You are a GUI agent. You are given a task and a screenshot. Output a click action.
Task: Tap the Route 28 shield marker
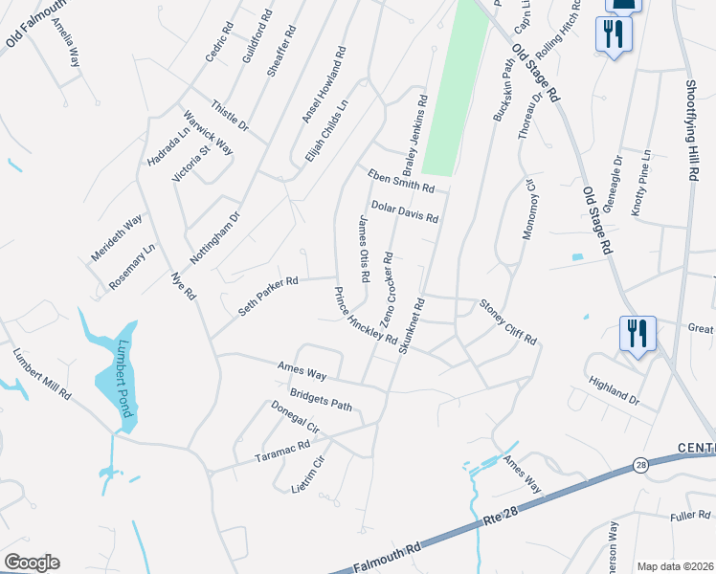tap(638, 465)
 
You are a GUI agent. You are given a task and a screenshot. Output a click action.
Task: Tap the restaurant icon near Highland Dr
tap(637, 334)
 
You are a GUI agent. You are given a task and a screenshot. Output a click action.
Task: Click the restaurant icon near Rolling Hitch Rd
tap(612, 35)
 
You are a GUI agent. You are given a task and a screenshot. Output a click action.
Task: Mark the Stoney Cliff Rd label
tap(508, 320)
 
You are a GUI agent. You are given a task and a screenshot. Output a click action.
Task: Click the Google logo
tap(32, 563)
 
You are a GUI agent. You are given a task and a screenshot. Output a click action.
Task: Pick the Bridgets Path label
tap(321, 400)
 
